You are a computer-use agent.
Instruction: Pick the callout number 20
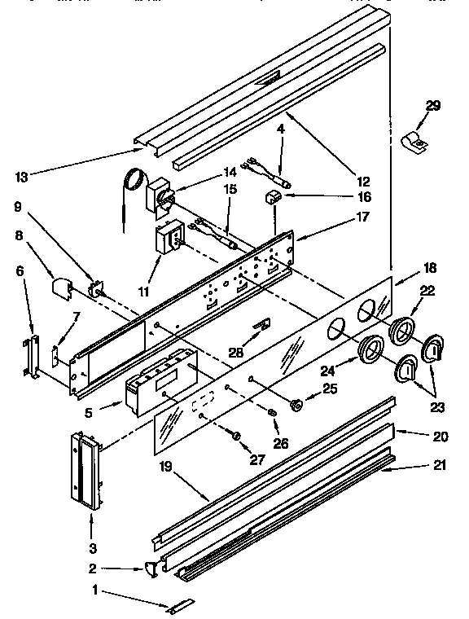[441, 436]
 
